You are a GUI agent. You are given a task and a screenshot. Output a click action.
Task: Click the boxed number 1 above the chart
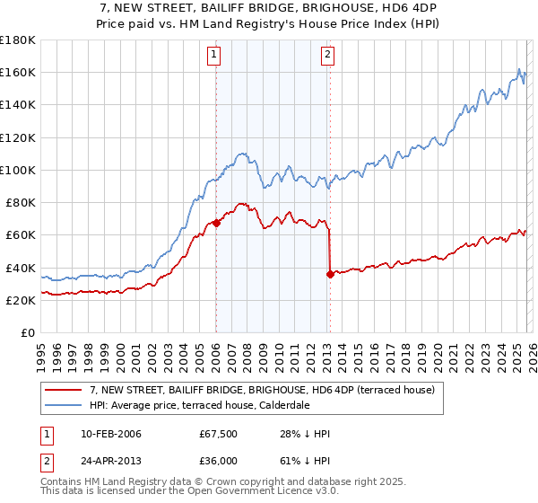(x=215, y=56)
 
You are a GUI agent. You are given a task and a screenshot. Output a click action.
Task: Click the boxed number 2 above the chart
(x=327, y=56)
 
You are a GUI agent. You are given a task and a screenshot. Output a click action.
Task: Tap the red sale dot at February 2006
(x=216, y=224)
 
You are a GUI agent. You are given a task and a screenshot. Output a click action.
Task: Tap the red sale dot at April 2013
(x=330, y=275)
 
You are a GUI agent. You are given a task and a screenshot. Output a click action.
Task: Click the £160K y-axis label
(x=17, y=72)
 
